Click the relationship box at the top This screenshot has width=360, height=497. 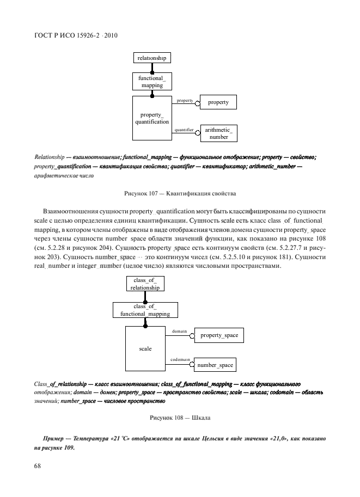point(152,58)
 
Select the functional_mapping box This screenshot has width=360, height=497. point(152,82)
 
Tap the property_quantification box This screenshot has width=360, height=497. point(152,118)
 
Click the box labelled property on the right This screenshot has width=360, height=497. point(218,102)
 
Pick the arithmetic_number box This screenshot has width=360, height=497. point(218,133)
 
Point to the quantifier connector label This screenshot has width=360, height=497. point(185,130)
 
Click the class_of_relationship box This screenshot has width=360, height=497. point(145,284)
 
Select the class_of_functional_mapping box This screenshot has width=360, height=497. point(145,310)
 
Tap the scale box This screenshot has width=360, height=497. point(145,348)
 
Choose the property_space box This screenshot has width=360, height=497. point(219,335)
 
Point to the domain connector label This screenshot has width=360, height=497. point(180,331)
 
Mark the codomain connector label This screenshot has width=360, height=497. point(180,360)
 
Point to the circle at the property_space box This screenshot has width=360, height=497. point(192,336)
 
